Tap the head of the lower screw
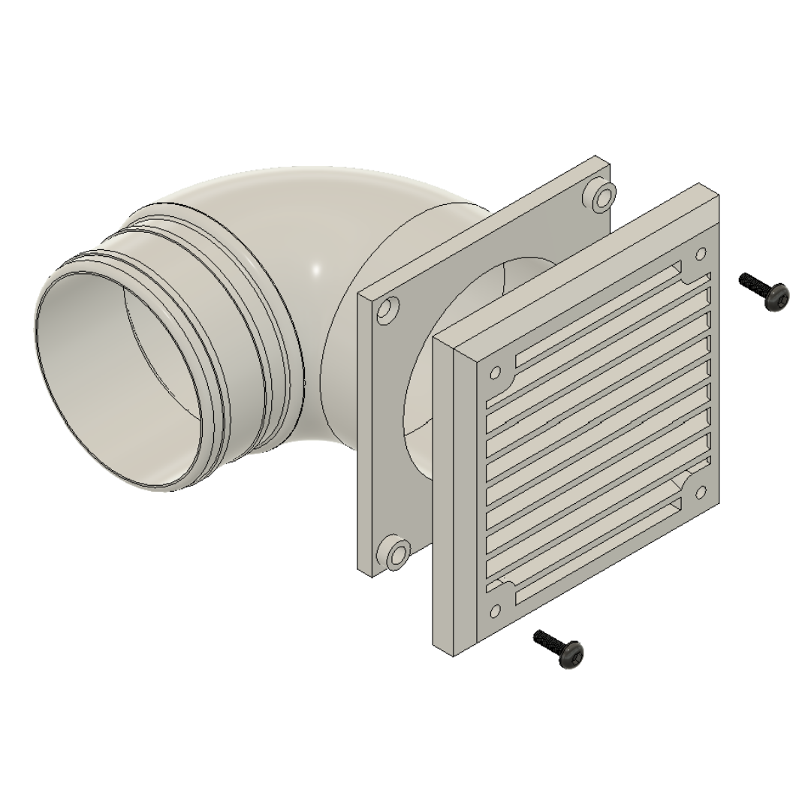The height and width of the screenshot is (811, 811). (x=571, y=655)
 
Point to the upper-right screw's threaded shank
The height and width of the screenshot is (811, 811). (x=753, y=283)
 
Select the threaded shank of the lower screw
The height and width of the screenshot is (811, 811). (x=547, y=641)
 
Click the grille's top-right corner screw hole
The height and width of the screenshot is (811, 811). (x=701, y=255)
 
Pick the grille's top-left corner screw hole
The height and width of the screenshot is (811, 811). (x=496, y=372)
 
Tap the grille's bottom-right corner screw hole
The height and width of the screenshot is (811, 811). (x=701, y=492)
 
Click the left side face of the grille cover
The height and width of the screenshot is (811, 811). (x=443, y=496)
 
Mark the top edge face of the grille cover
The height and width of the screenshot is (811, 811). (x=578, y=255)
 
